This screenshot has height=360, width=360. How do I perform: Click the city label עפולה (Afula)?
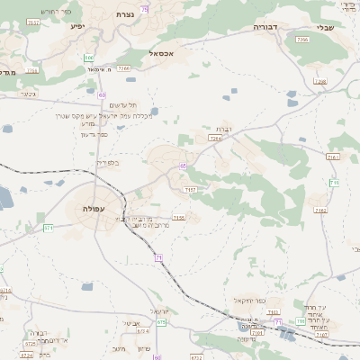point(94,209)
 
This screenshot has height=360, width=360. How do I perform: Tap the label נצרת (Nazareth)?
point(124,15)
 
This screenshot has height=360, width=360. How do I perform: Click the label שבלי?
point(325,27)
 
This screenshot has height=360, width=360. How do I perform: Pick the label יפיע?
point(77,28)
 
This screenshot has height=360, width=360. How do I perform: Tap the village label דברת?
point(224,130)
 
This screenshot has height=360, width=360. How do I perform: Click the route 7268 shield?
point(320,81)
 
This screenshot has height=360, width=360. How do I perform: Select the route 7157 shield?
point(190,190)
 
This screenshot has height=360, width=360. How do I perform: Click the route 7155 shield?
point(178,217)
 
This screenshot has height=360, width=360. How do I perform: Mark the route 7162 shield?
point(320,210)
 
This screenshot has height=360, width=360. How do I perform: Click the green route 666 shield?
point(88,57)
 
